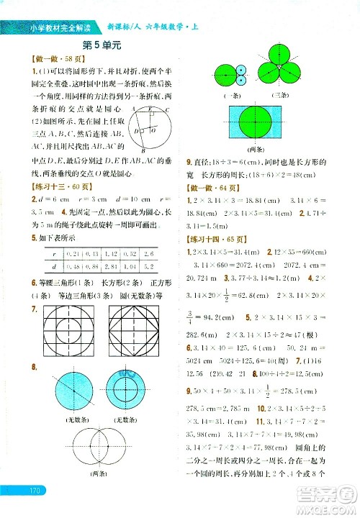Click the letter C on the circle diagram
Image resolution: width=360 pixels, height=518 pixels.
tap(167, 109)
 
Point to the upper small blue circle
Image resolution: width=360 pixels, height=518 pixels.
tap(240, 71)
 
